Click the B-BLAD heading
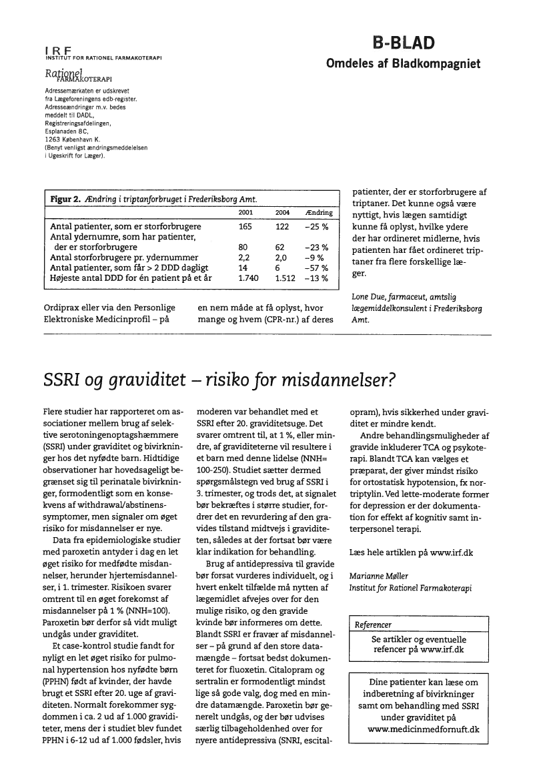click(x=404, y=43)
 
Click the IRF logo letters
click(x=58, y=49)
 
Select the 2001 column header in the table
click(x=245, y=212)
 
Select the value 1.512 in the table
click(x=286, y=278)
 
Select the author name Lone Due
click(x=369, y=296)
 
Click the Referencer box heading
click(x=374, y=625)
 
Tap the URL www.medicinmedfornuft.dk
click(x=423, y=729)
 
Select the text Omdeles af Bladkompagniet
click(x=403, y=64)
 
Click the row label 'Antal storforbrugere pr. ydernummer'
click(x=124, y=257)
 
